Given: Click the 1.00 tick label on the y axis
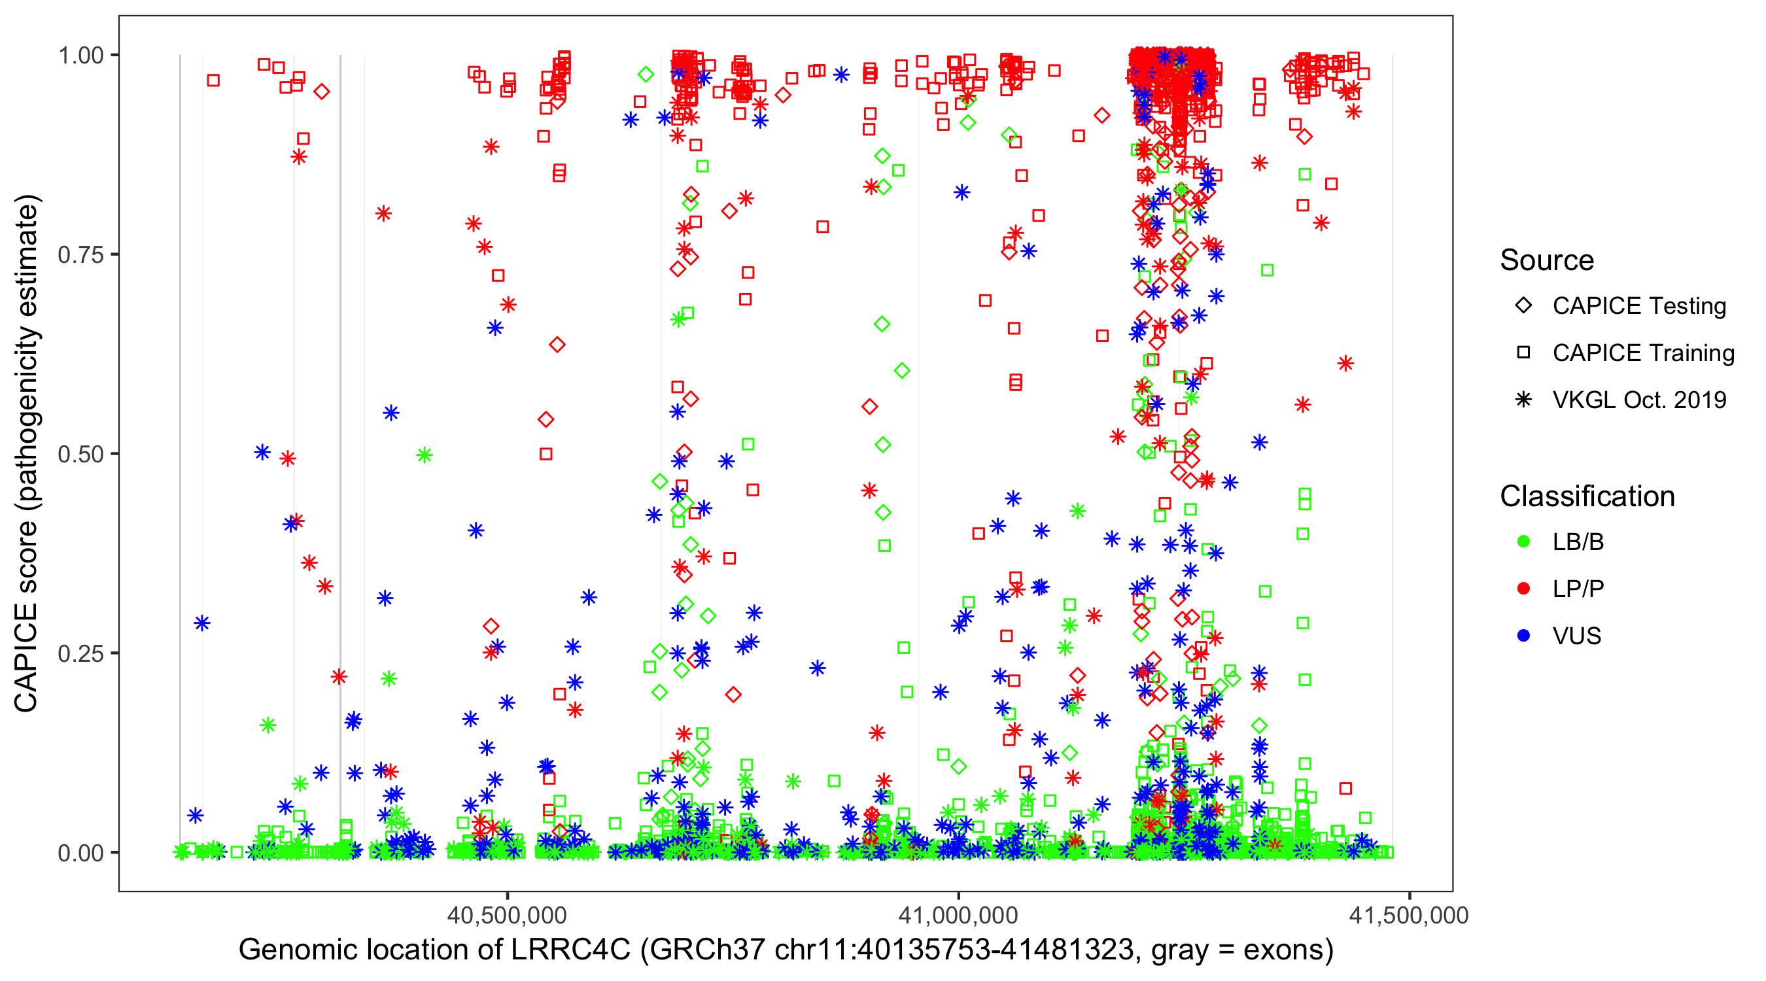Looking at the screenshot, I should pos(80,56).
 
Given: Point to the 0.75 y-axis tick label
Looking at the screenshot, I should pos(80,255).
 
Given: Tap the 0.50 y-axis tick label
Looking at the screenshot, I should pos(80,455).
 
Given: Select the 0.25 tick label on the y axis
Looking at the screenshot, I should pos(80,653).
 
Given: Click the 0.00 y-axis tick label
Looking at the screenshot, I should pos(80,853).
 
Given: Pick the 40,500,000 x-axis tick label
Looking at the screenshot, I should pos(507,916).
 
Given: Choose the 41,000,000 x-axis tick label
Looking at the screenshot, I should pos(958,916).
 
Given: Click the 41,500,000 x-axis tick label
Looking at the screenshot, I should pos(1409,916).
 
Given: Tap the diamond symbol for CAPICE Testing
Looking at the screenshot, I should pos(1523,306).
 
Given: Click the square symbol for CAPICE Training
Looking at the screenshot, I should pos(1523,353).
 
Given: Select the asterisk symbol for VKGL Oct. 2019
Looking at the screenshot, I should pos(1523,400).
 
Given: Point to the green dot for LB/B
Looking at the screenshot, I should pos(1523,542).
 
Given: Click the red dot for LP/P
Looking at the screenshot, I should pos(1523,589).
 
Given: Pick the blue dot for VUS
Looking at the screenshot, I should pos(1523,636).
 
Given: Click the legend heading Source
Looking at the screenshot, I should pos(1547,260).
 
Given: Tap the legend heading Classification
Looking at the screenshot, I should pos(1587,496).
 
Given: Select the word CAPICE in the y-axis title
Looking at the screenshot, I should pos(26,658).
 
